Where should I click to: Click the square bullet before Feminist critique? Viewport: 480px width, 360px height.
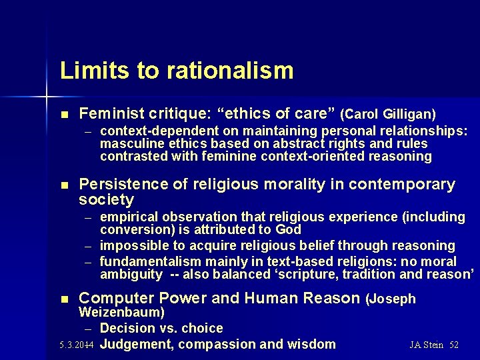tap(64, 115)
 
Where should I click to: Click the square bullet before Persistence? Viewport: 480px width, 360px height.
tap(64, 185)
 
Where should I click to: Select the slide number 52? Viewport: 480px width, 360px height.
tap(454, 345)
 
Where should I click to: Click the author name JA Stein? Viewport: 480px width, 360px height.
tap(427, 345)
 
